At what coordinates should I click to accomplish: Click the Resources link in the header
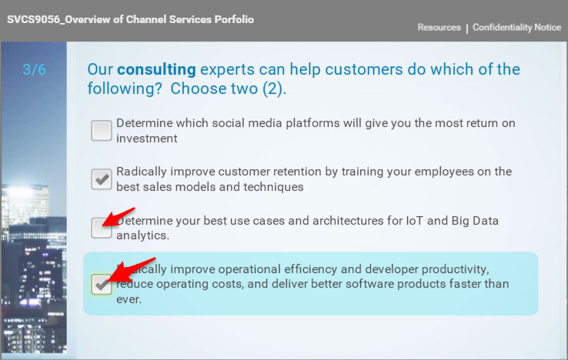(439, 28)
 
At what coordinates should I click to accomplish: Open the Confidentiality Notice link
(516, 28)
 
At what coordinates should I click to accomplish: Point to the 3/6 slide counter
(35, 69)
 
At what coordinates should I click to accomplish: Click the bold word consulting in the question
(156, 69)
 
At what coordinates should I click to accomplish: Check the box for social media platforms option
(102, 130)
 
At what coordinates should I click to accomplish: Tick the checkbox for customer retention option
(102, 179)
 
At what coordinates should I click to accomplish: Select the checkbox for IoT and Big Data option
(102, 228)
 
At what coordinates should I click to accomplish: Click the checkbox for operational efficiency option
(102, 284)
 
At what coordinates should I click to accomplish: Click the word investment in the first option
(147, 138)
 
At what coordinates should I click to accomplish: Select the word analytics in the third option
(142, 235)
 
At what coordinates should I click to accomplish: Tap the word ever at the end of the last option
(128, 299)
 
